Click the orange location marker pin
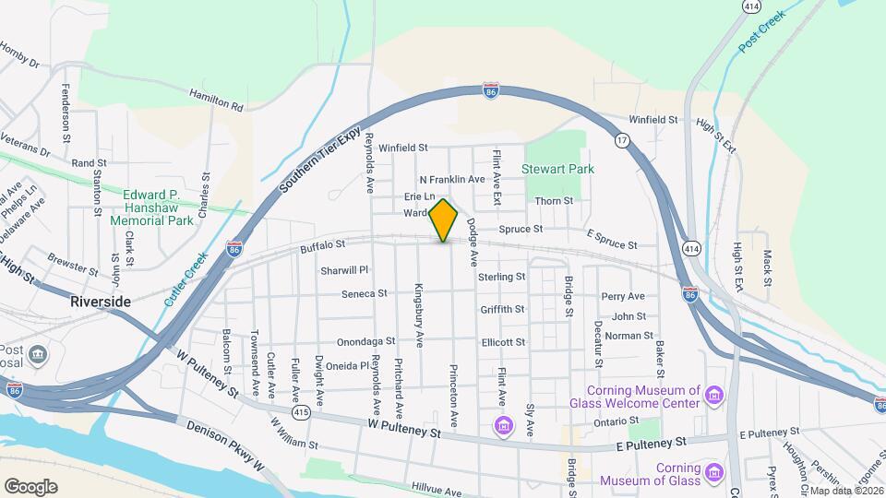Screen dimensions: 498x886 point(443,219)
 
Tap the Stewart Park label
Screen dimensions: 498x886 point(557,169)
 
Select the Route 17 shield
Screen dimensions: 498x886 point(623,140)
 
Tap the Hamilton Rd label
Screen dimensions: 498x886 point(215,100)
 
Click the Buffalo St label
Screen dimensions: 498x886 point(322,245)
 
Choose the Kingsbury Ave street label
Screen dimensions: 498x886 point(419,314)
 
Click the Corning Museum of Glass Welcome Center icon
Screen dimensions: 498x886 point(712,397)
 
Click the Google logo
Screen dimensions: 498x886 point(30,486)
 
